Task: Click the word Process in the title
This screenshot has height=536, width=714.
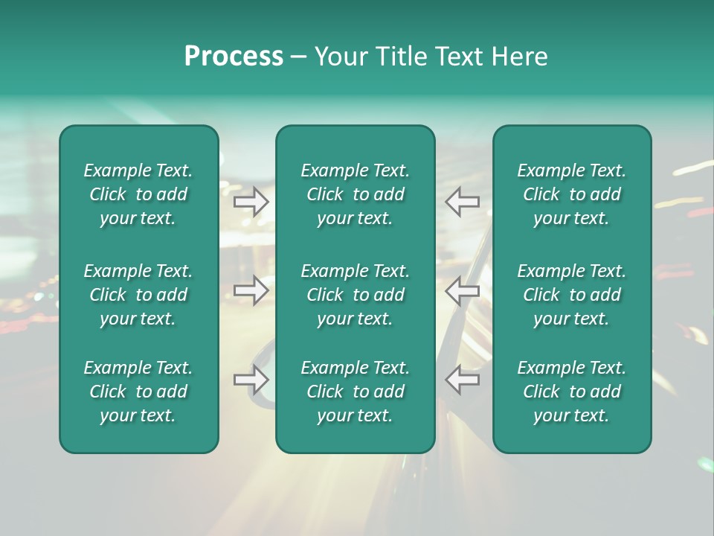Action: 234,57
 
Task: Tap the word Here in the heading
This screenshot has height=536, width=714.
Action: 519,57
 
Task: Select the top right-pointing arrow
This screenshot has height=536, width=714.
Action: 251,202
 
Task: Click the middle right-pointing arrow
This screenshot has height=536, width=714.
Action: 251,290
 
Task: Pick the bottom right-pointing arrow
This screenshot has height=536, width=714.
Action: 251,380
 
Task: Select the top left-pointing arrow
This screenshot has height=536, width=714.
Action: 463,202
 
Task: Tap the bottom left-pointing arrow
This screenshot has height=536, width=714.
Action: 463,380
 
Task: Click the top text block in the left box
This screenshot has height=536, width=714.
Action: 138,194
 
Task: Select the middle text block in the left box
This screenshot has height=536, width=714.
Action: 138,295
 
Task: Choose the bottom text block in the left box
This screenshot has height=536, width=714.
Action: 138,392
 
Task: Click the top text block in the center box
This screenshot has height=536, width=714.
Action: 355,194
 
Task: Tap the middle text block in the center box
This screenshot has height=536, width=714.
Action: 355,295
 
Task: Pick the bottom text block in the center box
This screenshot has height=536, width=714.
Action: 355,392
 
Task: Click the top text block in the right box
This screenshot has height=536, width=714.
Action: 571,194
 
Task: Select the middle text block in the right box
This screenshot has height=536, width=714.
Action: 571,295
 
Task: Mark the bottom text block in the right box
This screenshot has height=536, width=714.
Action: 571,392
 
